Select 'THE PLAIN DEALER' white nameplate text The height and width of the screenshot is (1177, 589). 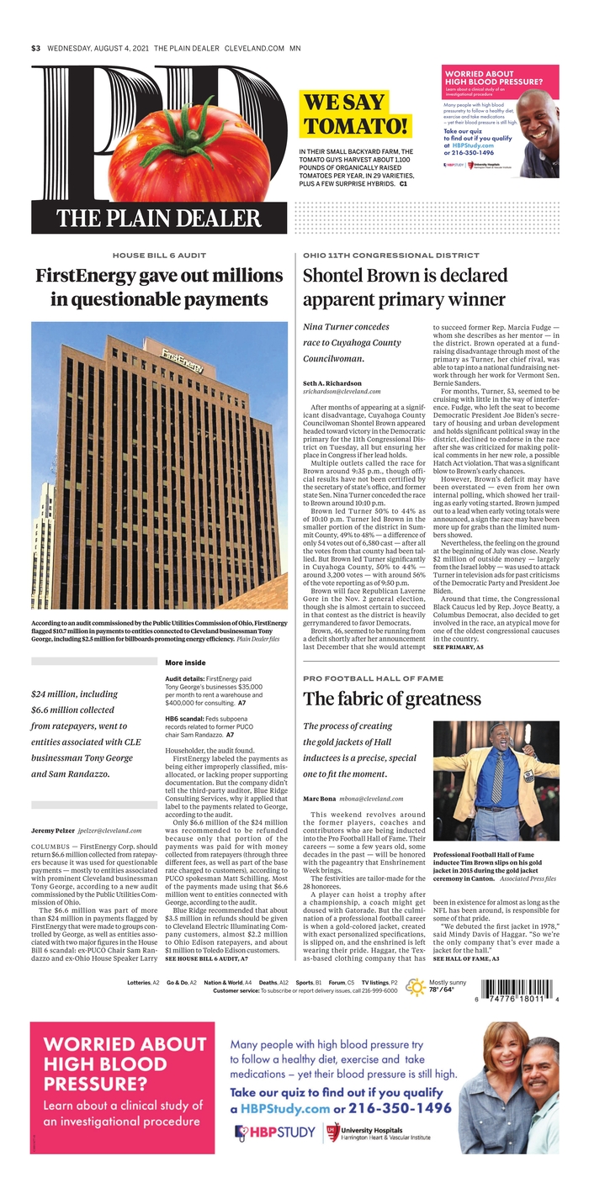click(x=146, y=219)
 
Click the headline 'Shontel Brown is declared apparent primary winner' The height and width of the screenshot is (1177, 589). click(x=404, y=287)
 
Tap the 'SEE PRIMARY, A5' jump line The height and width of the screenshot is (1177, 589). click(x=458, y=648)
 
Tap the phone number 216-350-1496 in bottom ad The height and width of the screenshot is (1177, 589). click(x=395, y=1109)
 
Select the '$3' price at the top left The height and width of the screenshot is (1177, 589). click(x=36, y=48)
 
